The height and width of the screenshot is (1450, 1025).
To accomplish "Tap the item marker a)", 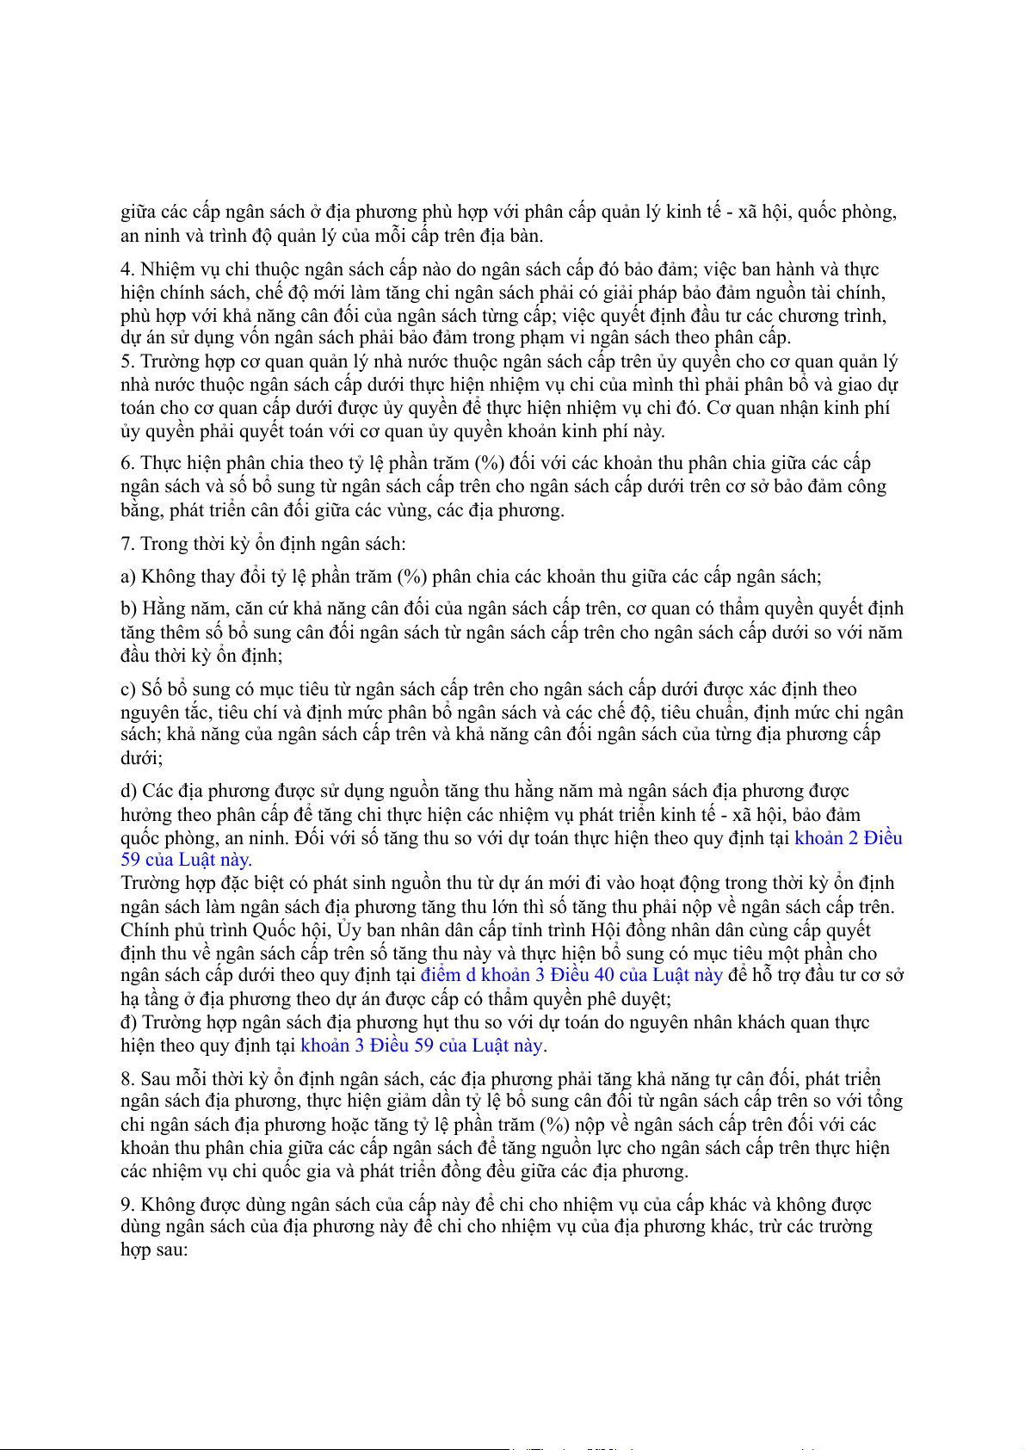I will coord(128,577).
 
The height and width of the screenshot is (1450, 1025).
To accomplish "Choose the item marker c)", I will coord(128,689).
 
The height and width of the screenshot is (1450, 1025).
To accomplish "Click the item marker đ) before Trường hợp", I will coord(129,1022).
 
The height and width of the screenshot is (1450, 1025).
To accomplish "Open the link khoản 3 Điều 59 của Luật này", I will coord(422,1046).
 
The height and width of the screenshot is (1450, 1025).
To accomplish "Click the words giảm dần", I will coord(429,1101).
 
